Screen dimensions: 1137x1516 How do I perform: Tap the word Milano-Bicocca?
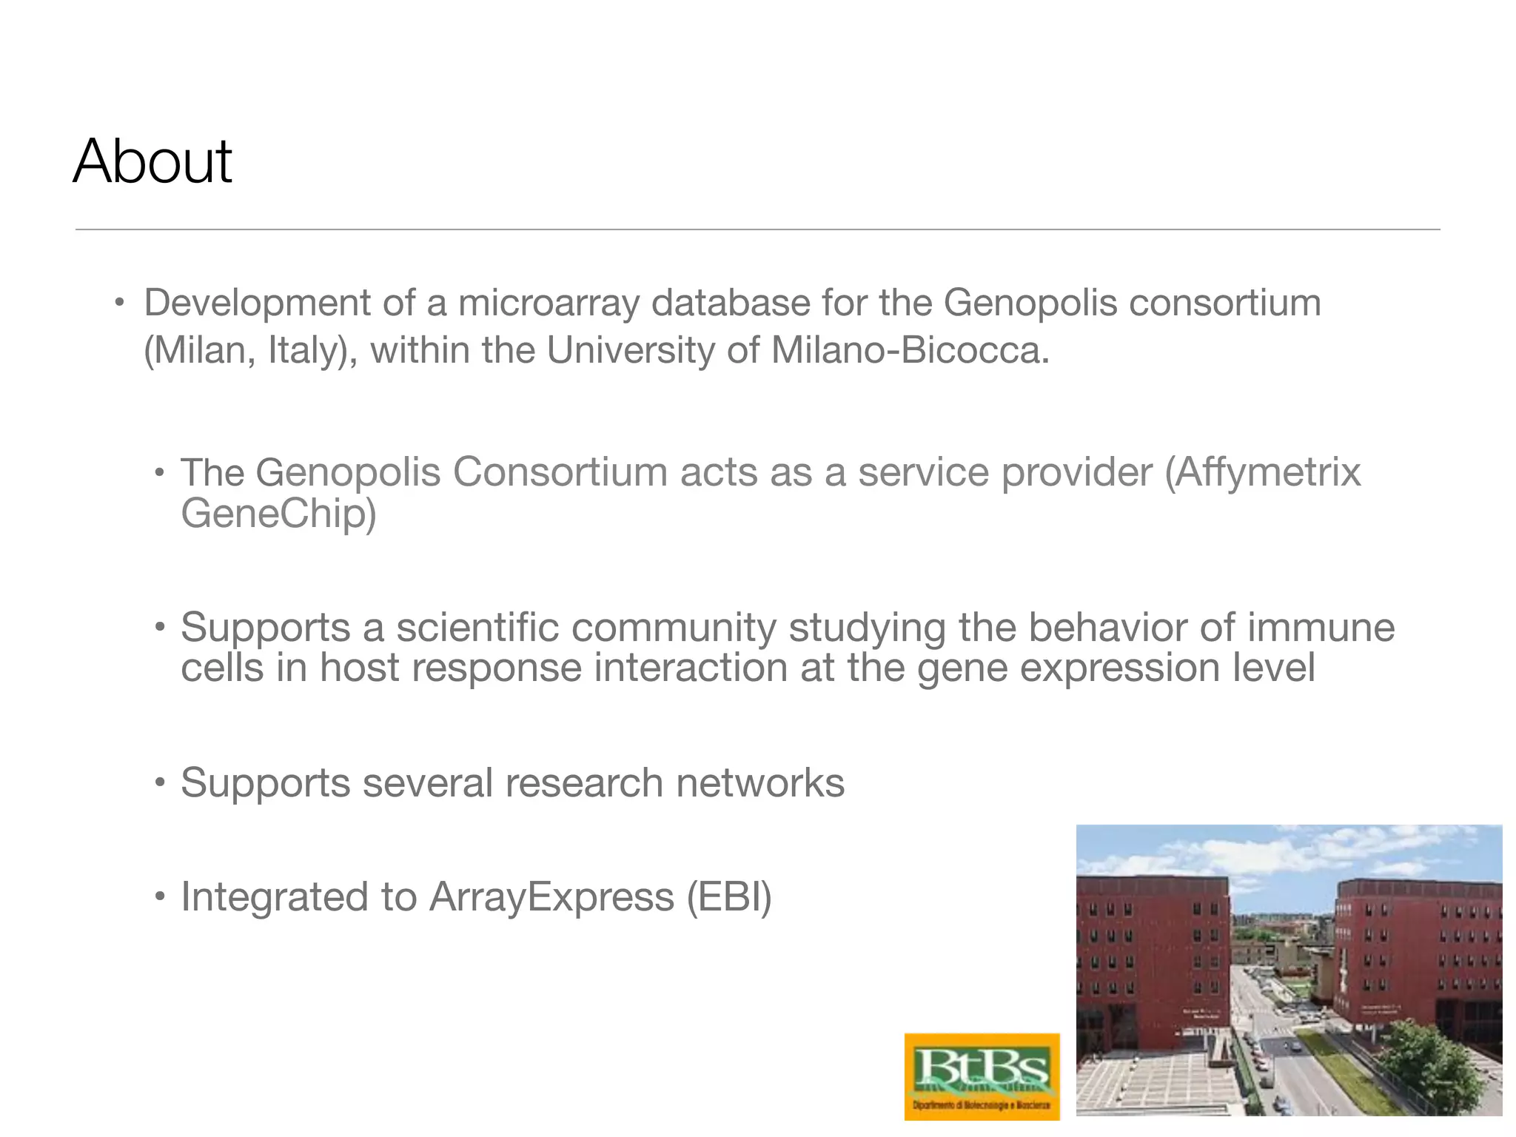tap(910, 349)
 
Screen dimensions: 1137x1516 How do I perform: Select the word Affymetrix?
tap(1264, 472)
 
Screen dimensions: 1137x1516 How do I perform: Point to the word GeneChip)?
tap(278, 513)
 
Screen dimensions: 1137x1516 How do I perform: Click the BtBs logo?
tap(982, 1076)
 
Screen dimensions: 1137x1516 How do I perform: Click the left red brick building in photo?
tap(1151, 955)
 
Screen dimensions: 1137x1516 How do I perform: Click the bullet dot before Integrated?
tap(159, 898)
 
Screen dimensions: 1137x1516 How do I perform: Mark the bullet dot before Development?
tap(118, 303)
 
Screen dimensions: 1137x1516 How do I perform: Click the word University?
tap(630, 349)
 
